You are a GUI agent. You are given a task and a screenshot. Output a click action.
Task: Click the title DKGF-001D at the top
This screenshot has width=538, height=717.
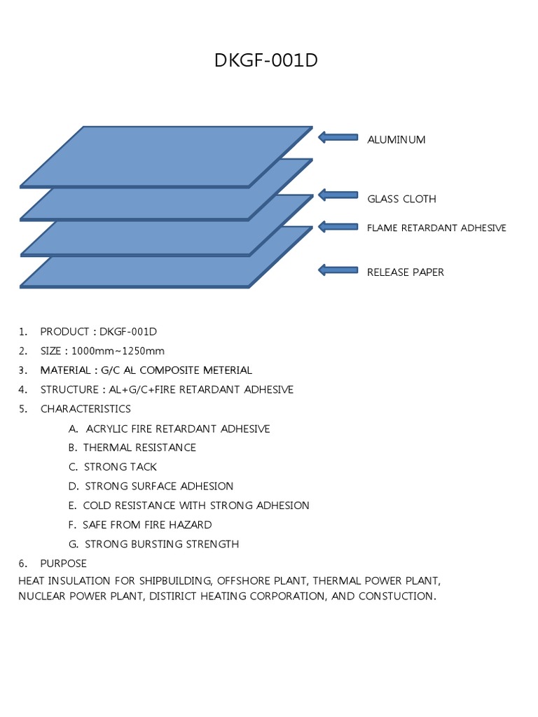(x=266, y=62)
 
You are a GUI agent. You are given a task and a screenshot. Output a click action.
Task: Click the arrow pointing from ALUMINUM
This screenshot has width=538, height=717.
(x=338, y=137)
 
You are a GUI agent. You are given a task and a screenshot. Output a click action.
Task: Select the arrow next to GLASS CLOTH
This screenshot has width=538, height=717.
(x=338, y=194)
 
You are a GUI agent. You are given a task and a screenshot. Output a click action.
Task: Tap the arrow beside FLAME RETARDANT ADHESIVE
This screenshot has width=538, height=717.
(x=338, y=226)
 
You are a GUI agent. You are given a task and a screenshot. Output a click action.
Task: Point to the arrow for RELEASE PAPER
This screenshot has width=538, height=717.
(x=338, y=270)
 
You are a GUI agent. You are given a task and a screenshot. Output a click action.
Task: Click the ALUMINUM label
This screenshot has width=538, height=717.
(x=396, y=139)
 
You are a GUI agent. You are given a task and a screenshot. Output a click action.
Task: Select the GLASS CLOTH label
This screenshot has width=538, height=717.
(x=401, y=199)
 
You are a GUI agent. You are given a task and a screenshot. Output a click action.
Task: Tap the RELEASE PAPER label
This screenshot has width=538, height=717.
(x=406, y=272)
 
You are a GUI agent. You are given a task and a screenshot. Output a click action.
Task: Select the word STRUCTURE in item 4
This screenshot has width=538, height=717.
(x=68, y=389)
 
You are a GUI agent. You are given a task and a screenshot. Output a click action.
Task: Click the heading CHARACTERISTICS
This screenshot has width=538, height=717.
(x=85, y=409)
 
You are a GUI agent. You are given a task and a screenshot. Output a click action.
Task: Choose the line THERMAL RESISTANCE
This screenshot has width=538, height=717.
(x=139, y=447)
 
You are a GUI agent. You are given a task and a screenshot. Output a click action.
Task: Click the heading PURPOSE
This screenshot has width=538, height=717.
(x=64, y=564)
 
